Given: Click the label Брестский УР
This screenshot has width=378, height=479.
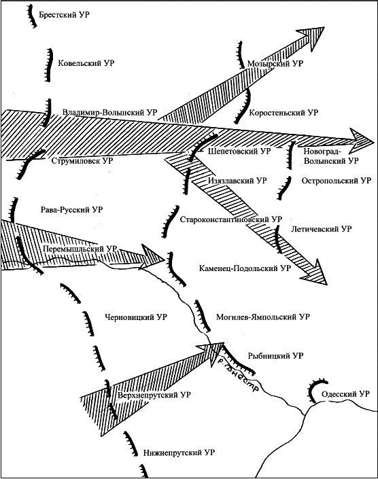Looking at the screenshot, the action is pos(64,15).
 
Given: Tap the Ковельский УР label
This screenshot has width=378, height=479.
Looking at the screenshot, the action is pos(86,63).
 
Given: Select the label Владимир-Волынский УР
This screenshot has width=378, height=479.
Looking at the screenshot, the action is pos(109,112).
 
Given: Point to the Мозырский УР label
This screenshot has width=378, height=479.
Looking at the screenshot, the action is pos(275,64).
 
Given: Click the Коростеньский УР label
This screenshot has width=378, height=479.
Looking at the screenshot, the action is pos(283,113).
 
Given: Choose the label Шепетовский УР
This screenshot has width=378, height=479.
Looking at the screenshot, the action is pos(239,152).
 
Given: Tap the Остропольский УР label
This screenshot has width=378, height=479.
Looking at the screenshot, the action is pos(337,181).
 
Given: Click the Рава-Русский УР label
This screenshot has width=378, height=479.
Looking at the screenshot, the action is pos(72,210).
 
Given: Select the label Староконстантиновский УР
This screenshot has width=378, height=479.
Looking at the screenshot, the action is pos(231,219).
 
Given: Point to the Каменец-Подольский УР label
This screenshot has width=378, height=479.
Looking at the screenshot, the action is pos(245,268).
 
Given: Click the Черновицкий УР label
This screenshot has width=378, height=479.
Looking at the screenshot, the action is pos(136,317).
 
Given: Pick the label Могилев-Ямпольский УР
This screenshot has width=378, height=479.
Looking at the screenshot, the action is pos(263,317).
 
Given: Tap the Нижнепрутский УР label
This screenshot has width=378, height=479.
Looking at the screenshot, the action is pos(179,453).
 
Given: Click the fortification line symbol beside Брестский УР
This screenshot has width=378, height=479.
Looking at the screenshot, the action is pos(31,16).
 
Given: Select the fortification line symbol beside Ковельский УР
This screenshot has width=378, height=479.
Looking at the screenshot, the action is pos(48,65).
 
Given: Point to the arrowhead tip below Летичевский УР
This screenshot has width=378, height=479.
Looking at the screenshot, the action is pos(327,285).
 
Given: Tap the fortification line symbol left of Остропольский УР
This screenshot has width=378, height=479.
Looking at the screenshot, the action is pos(285,188).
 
